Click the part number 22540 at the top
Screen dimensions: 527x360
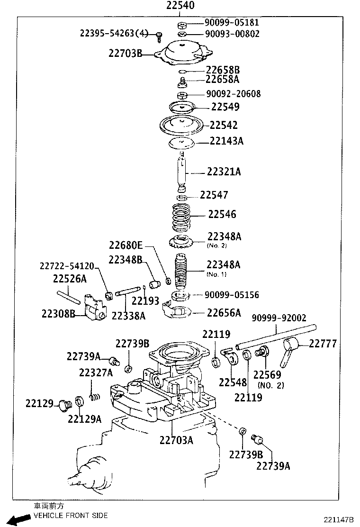[x=180, y=6]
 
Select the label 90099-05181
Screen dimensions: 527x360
[x=232, y=23]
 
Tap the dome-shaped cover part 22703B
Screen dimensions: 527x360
[x=183, y=54]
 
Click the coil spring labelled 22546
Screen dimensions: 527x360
[x=181, y=216]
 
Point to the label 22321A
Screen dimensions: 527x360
[x=224, y=172]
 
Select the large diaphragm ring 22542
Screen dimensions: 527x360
[x=182, y=126]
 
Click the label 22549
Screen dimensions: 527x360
[x=225, y=107]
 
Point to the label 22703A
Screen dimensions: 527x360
[x=176, y=440]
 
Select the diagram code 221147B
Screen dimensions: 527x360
[x=339, y=520]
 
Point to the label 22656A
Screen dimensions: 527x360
[x=224, y=312]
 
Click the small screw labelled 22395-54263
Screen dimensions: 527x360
[x=160, y=35]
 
